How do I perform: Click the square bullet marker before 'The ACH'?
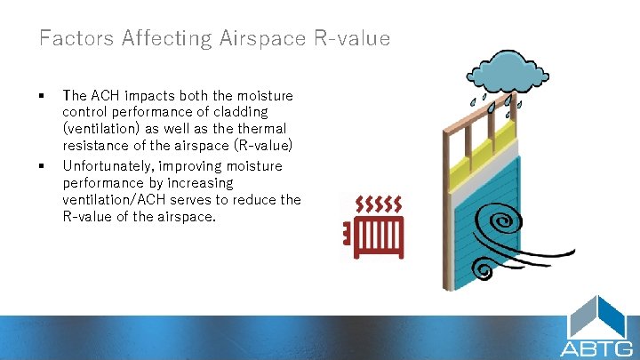42,95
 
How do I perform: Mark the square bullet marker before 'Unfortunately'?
42,166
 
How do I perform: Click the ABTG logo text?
596,348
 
